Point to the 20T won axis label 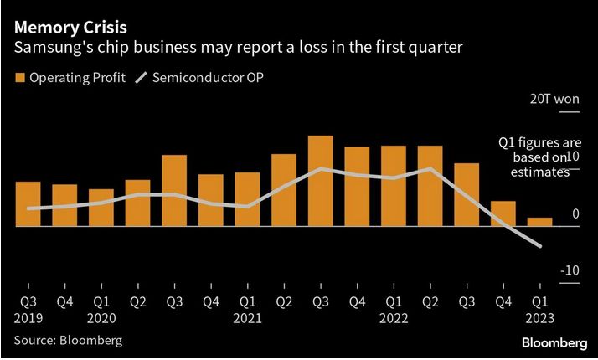(554, 99)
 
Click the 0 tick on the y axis (575, 214)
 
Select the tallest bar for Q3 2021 (321, 181)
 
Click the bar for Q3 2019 (28, 203)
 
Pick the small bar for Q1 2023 (540, 222)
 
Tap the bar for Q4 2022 (503, 213)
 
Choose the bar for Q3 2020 (174, 190)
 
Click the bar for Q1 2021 (247, 199)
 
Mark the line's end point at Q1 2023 (540, 246)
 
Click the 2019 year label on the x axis (28, 318)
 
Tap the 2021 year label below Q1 (248, 318)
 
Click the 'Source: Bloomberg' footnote (68, 340)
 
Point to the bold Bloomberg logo (554, 343)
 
